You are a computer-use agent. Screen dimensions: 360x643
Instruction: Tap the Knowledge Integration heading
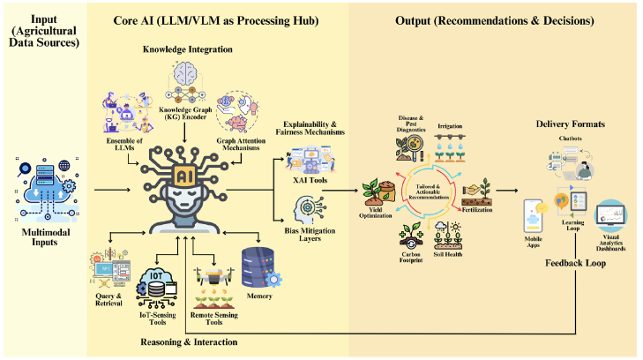pos(188,49)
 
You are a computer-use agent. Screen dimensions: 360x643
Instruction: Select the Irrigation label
pos(450,126)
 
